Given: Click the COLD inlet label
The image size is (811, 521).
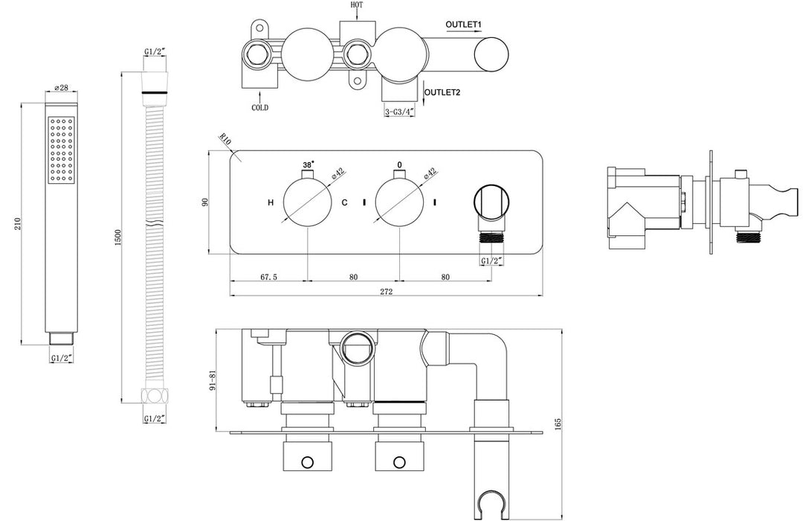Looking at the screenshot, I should coord(259,107).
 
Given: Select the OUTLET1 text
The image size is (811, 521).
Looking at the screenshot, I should coord(464,25).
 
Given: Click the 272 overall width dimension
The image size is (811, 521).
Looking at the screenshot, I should coord(387,292).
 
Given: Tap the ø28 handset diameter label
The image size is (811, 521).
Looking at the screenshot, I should coord(62,89).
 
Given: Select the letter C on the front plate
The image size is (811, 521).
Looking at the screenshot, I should coord(344,202).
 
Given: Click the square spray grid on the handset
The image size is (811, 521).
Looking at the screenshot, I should coord(62,151).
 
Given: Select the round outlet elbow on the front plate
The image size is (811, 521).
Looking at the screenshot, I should coord(491,203).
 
